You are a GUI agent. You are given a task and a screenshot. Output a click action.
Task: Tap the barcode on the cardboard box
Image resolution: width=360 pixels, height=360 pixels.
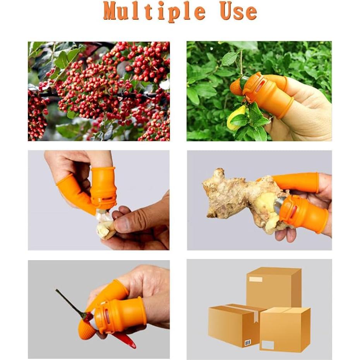[247, 342]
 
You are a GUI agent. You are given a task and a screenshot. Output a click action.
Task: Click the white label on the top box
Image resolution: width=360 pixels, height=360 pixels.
[255, 279]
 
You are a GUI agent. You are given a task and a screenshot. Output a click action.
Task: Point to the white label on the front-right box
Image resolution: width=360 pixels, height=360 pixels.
[268, 345]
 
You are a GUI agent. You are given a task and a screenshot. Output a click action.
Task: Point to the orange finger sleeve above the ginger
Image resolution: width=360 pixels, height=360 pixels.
[296, 183]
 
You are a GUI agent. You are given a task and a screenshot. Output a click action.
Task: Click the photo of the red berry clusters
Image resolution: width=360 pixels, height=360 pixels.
[99, 91]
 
